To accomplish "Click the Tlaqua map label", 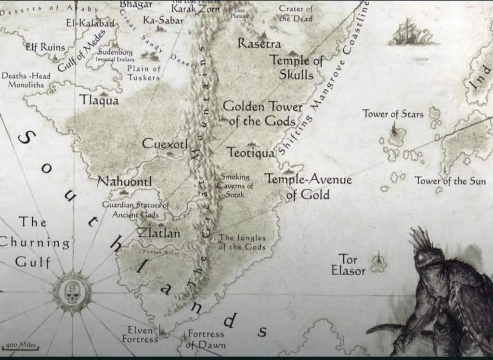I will click(x=99, y=100).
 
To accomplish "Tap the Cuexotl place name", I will click(x=165, y=144).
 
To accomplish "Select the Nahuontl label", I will click(x=124, y=182).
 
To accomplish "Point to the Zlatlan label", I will click(x=159, y=233).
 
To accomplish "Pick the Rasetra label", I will click(x=259, y=44).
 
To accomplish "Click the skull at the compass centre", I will click(x=72, y=293).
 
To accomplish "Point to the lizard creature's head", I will click(x=428, y=255).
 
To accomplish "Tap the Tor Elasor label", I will click(x=348, y=265).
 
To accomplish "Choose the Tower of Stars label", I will click(x=393, y=114).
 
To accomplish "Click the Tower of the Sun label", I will click(x=450, y=181).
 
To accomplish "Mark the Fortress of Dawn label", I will click(x=206, y=339).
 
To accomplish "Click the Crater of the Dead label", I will click(x=296, y=13).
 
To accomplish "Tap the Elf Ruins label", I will click(x=45, y=47).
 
